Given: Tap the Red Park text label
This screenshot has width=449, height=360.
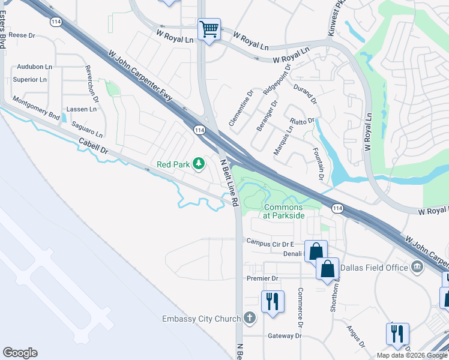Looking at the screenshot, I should (173, 164).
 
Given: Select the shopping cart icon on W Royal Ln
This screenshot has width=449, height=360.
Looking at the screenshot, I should (209, 28).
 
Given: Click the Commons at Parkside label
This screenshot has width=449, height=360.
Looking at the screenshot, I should (283, 211).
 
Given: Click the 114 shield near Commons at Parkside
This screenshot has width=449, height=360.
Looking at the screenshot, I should (337, 208).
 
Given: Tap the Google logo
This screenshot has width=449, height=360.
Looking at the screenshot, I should (20, 353).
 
